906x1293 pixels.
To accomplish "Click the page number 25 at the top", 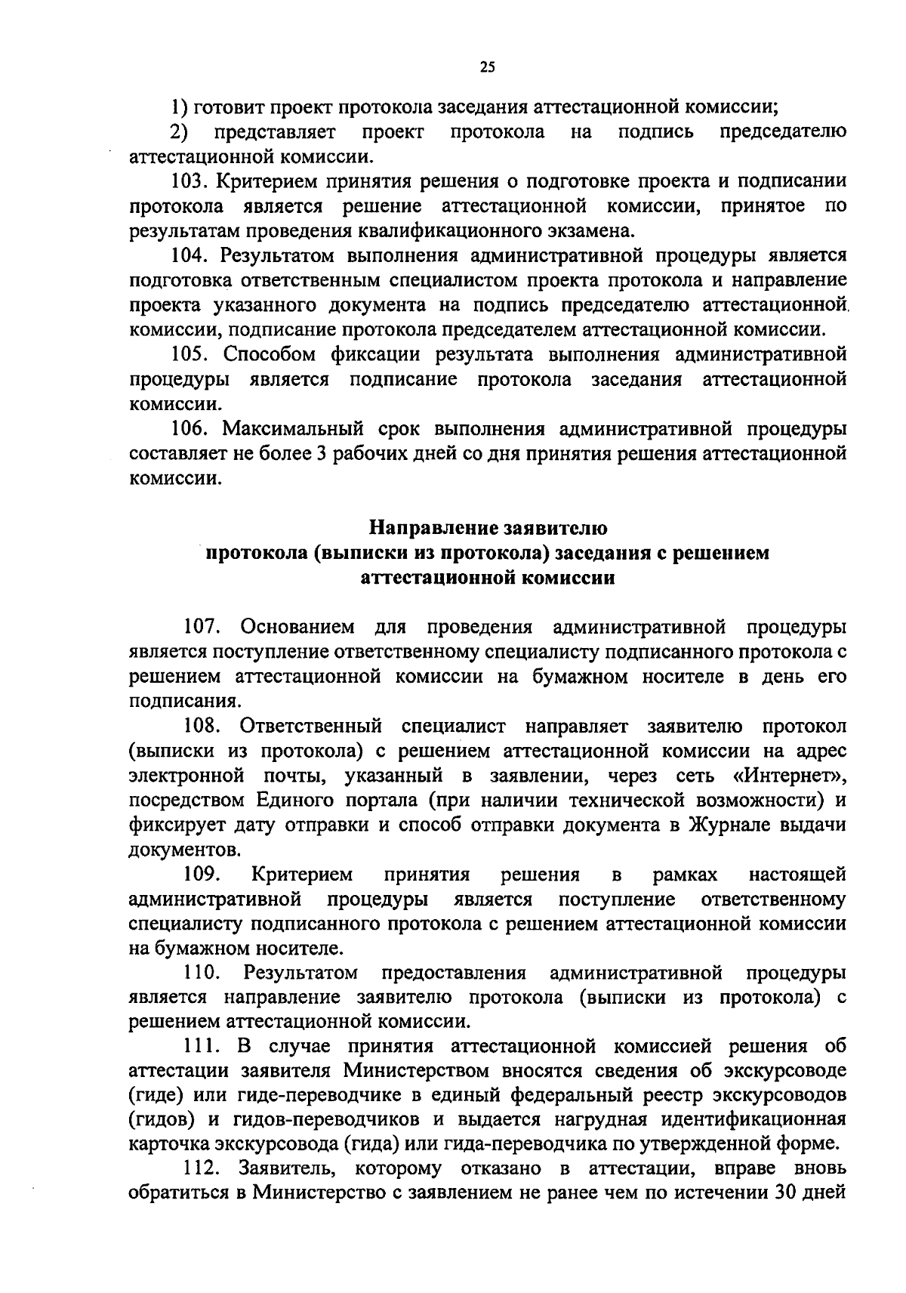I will [487, 67].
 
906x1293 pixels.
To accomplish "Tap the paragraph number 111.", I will [201, 1047].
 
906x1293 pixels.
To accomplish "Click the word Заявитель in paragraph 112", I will [282, 1170].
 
